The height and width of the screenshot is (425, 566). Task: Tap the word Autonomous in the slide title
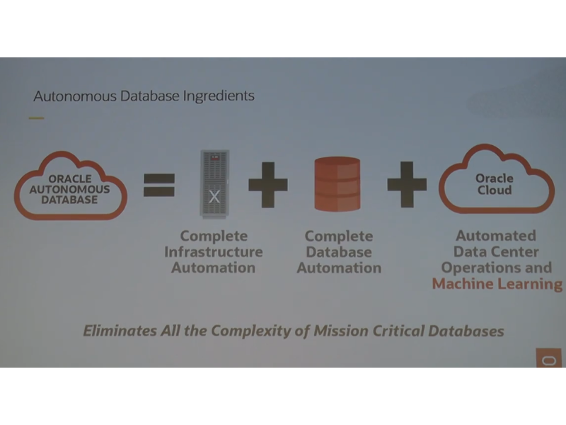point(75,96)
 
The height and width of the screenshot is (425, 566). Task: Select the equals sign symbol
point(159,185)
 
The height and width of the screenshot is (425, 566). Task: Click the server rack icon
point(215,184)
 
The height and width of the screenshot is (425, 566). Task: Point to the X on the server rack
point(214,197)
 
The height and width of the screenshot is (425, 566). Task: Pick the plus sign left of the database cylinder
point(268,185)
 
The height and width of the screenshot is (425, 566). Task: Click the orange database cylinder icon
point(337,183)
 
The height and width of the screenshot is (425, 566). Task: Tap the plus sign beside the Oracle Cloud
point(407,184)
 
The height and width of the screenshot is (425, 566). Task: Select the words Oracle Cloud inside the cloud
point(495,184)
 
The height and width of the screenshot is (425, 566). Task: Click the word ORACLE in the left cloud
point(70,179)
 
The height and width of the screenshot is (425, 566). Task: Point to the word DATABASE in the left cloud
point(69,200)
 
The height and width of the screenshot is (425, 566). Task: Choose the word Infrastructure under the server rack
point(214,252)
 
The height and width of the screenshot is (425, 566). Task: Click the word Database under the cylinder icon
point(339,252)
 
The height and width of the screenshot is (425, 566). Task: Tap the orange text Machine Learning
point(497,284)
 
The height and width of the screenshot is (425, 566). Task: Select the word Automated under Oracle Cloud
point(496,236)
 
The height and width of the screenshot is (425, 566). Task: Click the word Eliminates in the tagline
point(120,331)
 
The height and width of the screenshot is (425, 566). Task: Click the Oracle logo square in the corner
point(549,358)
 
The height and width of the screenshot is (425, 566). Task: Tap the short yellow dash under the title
point(37,118)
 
